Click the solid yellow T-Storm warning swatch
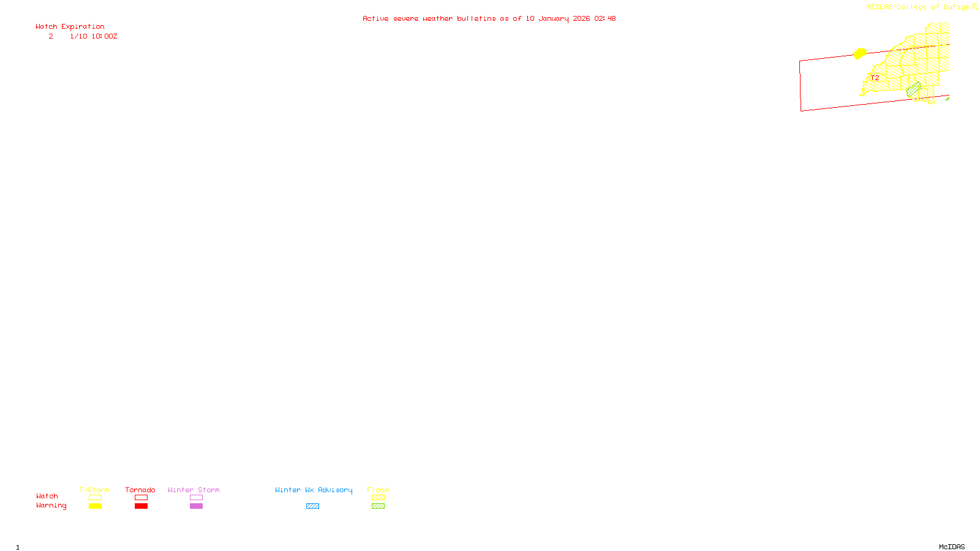(95, 506)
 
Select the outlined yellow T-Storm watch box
(95, 498)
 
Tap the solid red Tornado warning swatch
(141, 506)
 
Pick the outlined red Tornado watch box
(141, 498)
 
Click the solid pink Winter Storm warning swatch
(196, 506)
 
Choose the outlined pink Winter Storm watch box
(196, 498)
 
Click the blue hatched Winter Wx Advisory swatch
(312, 506)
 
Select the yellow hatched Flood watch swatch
(378, 498)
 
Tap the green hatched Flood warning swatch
(378, 506)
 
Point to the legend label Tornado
(140, 490)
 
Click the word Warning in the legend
(51, 506)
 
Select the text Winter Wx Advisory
(314, 490)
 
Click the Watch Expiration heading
(70, 26)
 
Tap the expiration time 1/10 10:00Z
(93, 36)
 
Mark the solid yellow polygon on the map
(860, 54)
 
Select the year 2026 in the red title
(581, 18)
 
